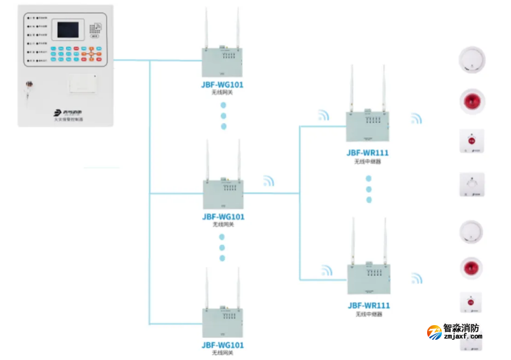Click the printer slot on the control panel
pos(84,85)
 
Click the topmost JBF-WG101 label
pos(223,85)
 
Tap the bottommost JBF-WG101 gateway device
pos(223,323)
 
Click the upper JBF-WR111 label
pos(368,152)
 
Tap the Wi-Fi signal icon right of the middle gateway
pos(269,181)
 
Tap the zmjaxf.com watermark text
pos(463,337)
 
